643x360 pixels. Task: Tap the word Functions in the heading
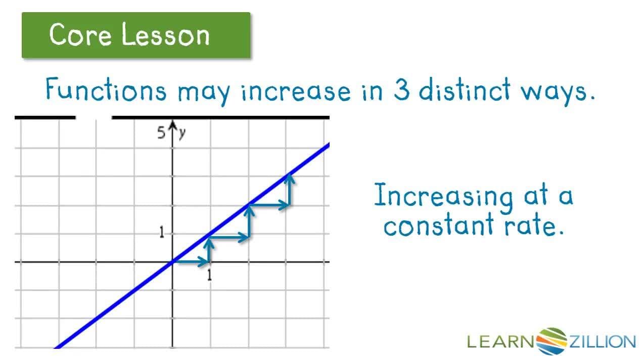[x=106, y=91]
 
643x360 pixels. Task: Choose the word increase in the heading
[x=295, y=92]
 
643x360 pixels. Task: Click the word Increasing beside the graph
[x=443, y=196]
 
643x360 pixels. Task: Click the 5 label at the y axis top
[x=161, y=133]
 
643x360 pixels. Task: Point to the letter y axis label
[x=181, y=133]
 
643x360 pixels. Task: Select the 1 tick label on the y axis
[x=162, y=233]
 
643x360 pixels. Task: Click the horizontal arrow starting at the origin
[x=191, y=261]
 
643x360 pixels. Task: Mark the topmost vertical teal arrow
[x=289, y=190]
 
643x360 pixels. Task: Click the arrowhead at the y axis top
[x=173, y=126]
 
